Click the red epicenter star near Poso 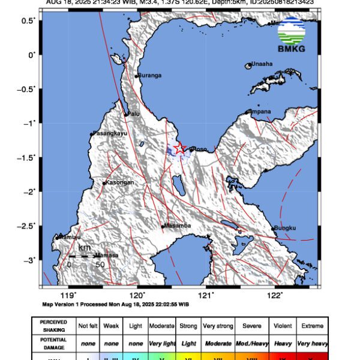coord(179,148)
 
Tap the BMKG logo coord(292,35)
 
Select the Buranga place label coord(149,75)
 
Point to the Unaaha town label coord(262,64)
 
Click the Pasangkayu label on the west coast coord(109,134)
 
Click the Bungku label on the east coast coord(284,228)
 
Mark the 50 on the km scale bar coord(100,264)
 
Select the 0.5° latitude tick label coord(27,20)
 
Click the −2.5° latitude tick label coord(26,226)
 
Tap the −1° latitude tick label coord(29,123)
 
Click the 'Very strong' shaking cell coord(218,326)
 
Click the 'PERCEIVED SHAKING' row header coord(53,326)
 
